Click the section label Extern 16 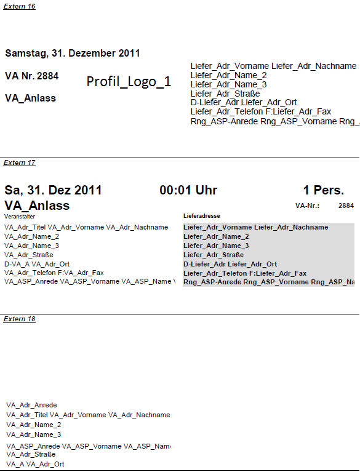coord(20,6)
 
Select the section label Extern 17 coord(20,163)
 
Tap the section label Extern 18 coord(20,319)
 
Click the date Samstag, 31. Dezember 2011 coord(73,54)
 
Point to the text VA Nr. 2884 coord(32,76)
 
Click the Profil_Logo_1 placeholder coord(129,82)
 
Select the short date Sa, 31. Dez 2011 coord(54,190)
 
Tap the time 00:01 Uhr coord(188,190)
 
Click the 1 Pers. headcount coord(324,190)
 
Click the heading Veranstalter coord(20,217)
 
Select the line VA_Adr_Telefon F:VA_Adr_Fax coord(54,273)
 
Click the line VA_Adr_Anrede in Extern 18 coord(31,405)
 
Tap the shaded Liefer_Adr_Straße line coord(214,255)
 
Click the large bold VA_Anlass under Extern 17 coord(37,206)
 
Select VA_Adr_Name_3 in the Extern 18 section coord(34,434)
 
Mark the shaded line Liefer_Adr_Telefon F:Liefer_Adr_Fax coord(244,273)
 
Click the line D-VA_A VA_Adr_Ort coord(37,263)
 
